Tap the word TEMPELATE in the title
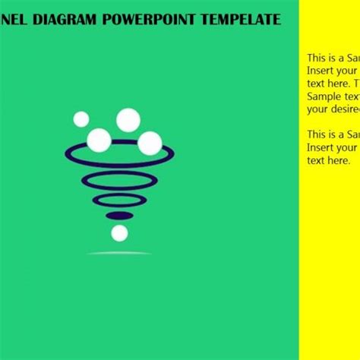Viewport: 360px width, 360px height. click(x=240, y=20)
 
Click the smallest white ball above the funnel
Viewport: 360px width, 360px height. click(x=81, y=118)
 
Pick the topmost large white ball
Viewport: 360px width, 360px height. click(x=128, y=119)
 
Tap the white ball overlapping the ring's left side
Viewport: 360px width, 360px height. click(x=99, y=140)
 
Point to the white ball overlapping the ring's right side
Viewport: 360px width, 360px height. click(x=150, y=143)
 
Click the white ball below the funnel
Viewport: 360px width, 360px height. click(x=119, y=233)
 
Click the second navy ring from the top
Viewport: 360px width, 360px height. click(x=119, y=182)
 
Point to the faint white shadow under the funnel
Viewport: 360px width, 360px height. click(x=119, y=253)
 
